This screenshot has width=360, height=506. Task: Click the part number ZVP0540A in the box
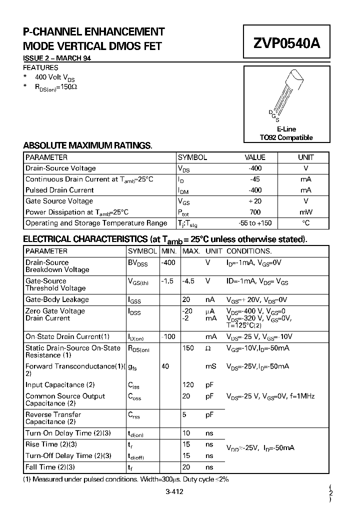(286, 43)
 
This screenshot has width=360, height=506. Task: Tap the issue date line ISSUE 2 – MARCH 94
(57, 58)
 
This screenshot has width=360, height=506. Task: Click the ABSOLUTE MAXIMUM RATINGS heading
(87, 145)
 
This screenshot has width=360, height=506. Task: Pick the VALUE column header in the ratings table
(254, 157)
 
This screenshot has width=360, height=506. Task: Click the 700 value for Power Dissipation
(254, 212)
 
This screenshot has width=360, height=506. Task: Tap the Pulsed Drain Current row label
(59, 190)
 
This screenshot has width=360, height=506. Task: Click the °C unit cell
(306, 223)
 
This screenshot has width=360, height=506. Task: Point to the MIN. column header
(169, 251)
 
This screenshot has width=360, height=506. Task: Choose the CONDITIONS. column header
(249, 251)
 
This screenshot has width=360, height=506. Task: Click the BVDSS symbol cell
(137, 262)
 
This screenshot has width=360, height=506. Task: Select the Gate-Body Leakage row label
(57, 299)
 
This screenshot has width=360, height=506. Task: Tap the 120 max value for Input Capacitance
(188, 385)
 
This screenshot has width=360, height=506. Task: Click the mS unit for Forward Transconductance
(211, 366)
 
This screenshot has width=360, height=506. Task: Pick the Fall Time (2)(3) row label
(50, 467)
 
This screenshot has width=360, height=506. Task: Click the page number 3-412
(174, 491)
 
